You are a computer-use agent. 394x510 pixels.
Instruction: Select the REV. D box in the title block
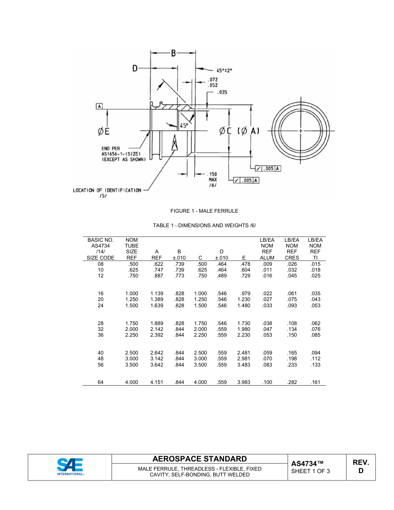click(x=360, y=466)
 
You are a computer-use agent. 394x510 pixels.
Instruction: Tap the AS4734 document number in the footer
click(x=307, y=463)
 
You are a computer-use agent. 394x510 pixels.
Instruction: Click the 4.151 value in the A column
click(x=157, y=382)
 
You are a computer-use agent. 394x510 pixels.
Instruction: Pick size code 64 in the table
click(x=100, y=382)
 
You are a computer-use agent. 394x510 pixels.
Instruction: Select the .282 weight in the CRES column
click(x=292, y=382)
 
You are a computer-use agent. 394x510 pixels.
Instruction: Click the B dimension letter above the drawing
click(x=173, y=53)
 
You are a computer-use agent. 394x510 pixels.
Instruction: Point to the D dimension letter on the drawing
click(x=135, y=68)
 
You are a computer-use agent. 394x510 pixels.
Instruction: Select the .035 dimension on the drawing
click(x=222, y=92)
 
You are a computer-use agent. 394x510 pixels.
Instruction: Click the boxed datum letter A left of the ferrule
click(x=100, y=107)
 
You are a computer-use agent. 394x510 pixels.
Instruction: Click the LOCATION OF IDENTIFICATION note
click(x=107, y=190)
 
